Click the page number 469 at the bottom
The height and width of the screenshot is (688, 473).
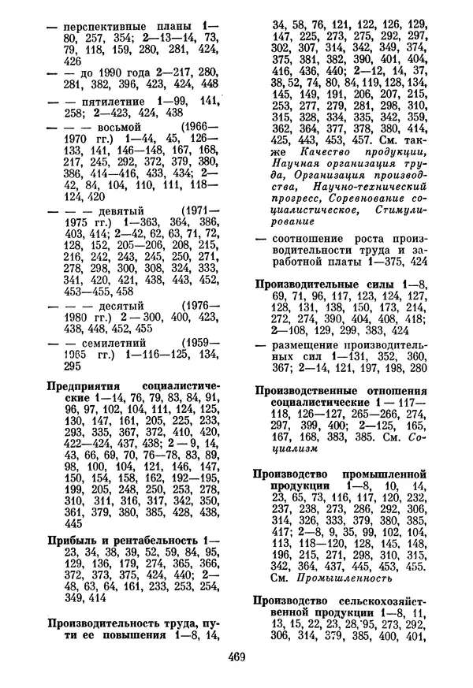[x=236, y=656]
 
